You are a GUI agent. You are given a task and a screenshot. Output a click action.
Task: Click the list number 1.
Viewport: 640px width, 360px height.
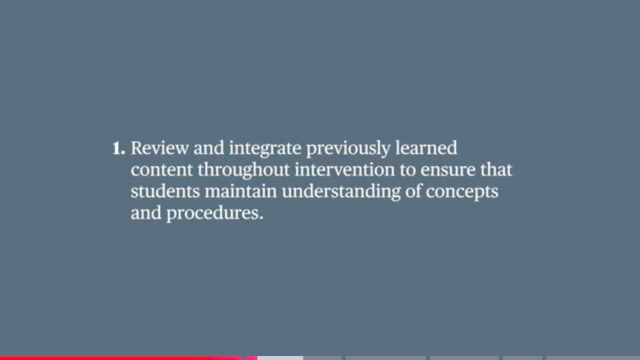[x=119, y=149]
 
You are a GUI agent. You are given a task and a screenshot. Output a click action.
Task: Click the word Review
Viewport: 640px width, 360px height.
[x=159, y=148]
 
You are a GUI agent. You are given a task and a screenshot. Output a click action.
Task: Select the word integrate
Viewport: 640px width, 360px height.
[x=265, y=149]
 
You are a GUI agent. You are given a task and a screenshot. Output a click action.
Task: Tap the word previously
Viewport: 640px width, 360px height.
[x=348, y=149]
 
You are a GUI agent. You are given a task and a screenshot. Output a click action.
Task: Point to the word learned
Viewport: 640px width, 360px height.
[x=426, y=148]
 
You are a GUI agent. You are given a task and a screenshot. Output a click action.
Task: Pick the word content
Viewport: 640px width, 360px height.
[x=161, y=170]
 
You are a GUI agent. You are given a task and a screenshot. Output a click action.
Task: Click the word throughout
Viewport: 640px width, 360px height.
[x=244, y=171]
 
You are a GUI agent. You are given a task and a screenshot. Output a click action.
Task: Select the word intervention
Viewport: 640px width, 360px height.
[x=345, y=170]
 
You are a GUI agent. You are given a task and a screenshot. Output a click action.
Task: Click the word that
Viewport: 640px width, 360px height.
[x=496, y=170]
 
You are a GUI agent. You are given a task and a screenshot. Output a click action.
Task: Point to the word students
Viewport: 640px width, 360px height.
[x=165, y=191]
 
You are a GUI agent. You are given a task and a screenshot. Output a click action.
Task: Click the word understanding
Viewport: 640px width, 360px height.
[x=341, y=192]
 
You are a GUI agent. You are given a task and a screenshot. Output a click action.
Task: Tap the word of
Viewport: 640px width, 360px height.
[x=413, y=191]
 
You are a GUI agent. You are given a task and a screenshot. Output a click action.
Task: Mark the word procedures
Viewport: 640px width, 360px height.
[x=215, y=214]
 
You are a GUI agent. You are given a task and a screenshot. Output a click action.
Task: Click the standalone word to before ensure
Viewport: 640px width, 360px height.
[x=407, y=171]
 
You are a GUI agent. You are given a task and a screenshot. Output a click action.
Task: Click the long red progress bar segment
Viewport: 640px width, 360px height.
[x=121, y=358]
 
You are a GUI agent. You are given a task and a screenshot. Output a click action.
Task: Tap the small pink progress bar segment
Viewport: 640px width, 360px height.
[x=251, y=358]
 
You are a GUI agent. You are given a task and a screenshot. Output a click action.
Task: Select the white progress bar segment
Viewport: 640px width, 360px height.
[x=281, y=358]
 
